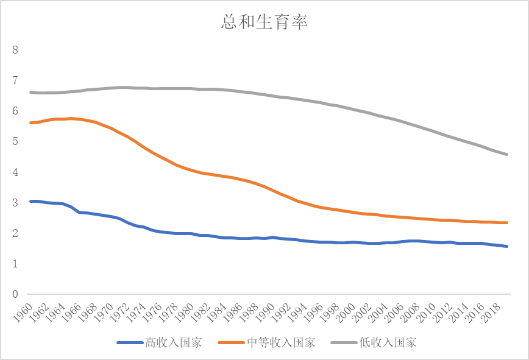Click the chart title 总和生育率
pyautogui.click(x=264, y=23)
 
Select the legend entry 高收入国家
pyautogui.click(x=172, y=342)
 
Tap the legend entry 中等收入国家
pyautogui.click(x=281, y=342)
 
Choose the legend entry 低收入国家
pyautogui.click(x=388, y=342)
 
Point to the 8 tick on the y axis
pyautogui.click(x=15, y=50)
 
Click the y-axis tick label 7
pyautogui.click(x=15, y=80)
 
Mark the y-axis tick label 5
pyautogui.click(x=15, y=142)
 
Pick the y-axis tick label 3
pyautogui.click(x=15, y=203)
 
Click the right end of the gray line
pyautogui.click(x=508, y=155)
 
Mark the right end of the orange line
pyautogui.click(x=508, y=223)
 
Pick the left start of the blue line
pyautogui.click(x=30, y=201)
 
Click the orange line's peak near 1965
pyautogui.click(x=71, y=119)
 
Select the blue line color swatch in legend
pyautogui.click(x=129, y=343)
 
